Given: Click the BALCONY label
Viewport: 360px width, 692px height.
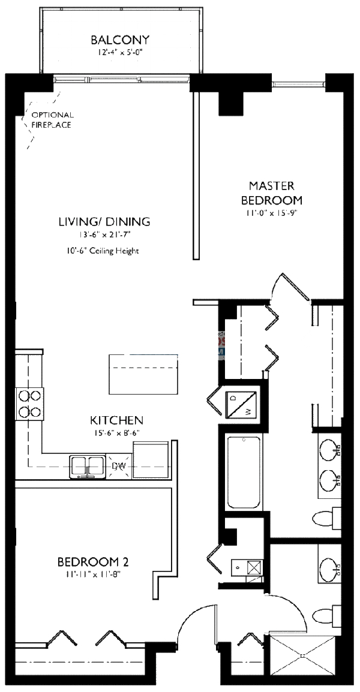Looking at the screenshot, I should (x=120, y=40).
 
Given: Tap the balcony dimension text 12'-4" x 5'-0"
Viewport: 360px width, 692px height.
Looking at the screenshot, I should (x=120, y=52).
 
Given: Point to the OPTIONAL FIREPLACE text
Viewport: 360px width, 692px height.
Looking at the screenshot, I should (x=53, y=120).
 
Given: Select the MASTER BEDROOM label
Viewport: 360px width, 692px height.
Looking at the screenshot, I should (x=272, y=192).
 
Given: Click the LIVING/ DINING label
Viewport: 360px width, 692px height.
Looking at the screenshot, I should (x=104, y=222).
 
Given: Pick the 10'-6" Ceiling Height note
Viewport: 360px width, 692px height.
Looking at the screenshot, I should (x=104, y=251).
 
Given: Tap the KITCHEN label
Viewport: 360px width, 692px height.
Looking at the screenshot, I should (x=116, y=420).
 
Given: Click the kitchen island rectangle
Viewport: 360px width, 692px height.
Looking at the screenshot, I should (x=144, y=374).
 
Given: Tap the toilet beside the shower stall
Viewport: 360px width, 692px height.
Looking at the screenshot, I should (x=328, y=615).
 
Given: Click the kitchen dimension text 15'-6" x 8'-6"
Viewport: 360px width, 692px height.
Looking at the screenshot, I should (x=116, y=432).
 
